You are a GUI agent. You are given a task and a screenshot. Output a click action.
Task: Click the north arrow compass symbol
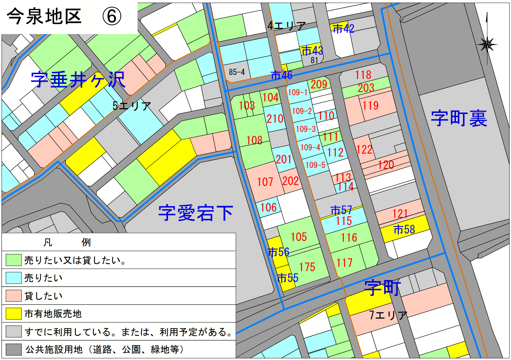coord(487,44)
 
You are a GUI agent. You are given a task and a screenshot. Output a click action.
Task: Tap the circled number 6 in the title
coord(112,16)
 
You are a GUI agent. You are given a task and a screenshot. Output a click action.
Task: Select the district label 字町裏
coord(459,118)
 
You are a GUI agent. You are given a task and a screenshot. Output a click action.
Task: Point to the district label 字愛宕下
coord(196,213)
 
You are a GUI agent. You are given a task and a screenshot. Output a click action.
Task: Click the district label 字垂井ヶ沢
coord(78,80)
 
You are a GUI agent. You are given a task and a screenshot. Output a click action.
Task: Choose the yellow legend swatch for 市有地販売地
coord(13,313)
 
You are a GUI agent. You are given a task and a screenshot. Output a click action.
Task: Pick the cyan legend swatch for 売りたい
coord(13,278)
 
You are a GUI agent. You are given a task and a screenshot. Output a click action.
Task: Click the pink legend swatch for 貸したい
coord(13,296)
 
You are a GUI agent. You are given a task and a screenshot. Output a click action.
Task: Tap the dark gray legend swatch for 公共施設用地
coord(13,350)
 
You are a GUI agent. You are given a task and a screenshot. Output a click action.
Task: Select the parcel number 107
coord(265,182)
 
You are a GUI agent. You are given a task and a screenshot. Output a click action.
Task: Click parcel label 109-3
coord(306,129)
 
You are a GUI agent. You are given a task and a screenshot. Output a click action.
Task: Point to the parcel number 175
coord(307,267)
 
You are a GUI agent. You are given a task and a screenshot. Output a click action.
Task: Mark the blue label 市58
coord(404,229)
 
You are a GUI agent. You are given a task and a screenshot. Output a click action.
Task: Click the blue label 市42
coord(343,29)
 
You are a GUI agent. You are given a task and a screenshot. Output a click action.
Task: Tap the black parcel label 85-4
coord(237,72)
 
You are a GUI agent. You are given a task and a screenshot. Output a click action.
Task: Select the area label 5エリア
coord(132,106)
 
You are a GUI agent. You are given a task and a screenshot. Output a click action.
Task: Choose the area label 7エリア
coord(388,315)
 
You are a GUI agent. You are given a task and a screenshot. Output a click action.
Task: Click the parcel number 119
coord(370,105)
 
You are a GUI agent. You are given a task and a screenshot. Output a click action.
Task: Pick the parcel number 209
coord(319,85)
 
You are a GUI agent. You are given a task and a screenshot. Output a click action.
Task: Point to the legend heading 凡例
coord(67,242)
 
